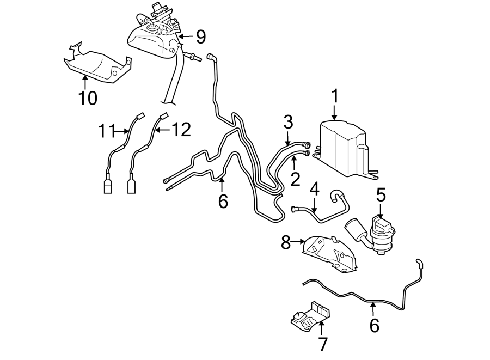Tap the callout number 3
point(288,121)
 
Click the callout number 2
point(295,179)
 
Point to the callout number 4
point(314,190)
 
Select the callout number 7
point(322,344)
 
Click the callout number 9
point(201,36)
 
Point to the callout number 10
point(87,98)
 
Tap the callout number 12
point(181,130)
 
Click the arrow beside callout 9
point(186,36)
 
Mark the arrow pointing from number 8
point(299,241)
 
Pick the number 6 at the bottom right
point(373,325)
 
